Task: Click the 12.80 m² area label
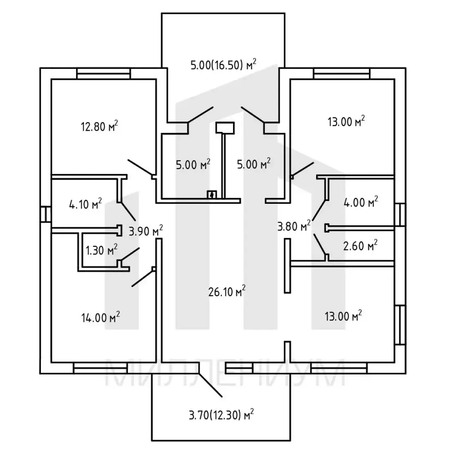[x=99, y=126]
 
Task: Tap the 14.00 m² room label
[x=100, y=317]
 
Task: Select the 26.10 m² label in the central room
[x=227, y=291]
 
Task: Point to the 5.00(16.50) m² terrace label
[x=223, y=65]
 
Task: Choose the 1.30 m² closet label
[x=101, y=250]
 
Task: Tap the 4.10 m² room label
[x=86, y=204]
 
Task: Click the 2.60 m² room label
[x=360, y=246]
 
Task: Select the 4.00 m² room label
[x=361, y=202]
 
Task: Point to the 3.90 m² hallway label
[x=146, y=231]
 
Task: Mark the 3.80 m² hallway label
[x=294, y=226]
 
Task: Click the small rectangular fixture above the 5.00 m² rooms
[x=225, y=128]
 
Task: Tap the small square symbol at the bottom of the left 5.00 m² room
[x=212, y=195]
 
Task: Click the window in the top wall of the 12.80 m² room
[x=104, y=73]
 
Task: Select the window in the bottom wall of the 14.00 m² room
[x=100, y=368]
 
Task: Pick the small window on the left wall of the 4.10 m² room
[x=46, y=214]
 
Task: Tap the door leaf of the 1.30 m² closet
[x=130, y=254]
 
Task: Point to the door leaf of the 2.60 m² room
[x=320, y=244]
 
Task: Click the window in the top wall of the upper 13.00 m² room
[x=342, y=73]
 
